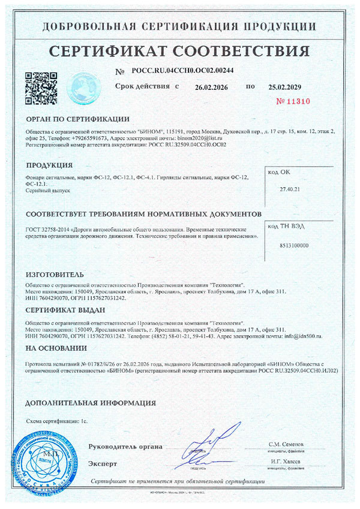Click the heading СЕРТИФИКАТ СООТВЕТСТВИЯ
coord(180,49)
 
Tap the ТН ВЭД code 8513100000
coord(293,246)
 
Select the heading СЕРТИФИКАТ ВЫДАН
coord(65,310)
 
